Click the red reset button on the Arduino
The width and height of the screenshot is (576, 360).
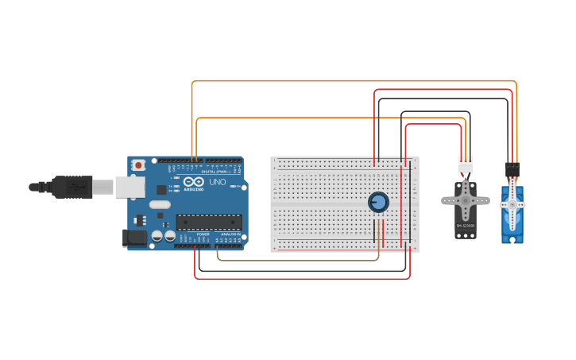coord(138,165)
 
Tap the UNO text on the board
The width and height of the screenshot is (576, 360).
coord(218,182)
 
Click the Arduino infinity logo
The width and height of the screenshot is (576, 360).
coord(194,182)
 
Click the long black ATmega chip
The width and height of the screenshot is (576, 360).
coord(208,222)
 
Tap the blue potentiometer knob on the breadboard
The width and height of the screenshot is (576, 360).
coord(378,202)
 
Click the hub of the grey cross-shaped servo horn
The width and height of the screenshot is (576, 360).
coord(466,201)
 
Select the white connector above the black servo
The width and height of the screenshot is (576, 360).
coord(465,165)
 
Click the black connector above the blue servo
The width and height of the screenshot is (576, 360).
coord(512,170)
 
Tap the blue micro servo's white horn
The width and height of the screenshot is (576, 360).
coord(512,205)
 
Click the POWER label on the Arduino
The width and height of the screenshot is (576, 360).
coord(203,234)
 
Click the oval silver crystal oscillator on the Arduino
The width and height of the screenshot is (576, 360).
coord(160,204)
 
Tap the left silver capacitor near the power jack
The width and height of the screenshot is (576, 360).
coord(157,236)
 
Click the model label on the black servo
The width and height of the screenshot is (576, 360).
coord(466,226)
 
